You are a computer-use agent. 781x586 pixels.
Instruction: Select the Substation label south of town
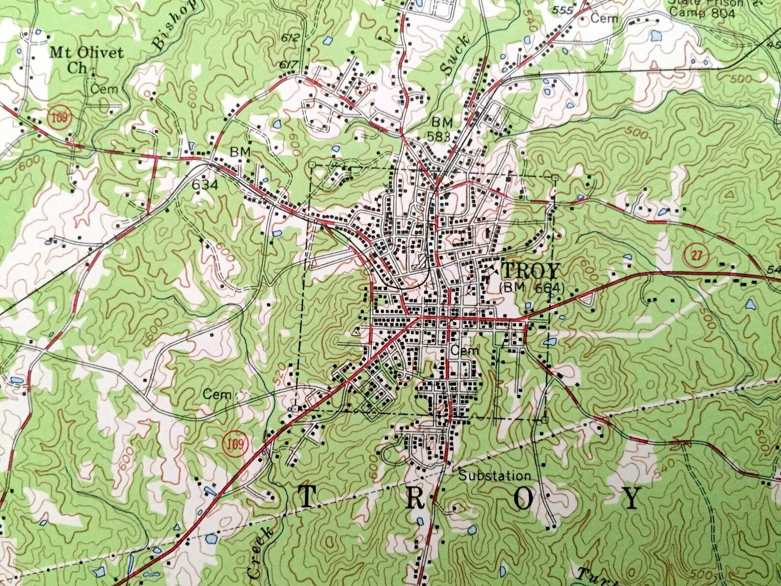(x=495, y=476)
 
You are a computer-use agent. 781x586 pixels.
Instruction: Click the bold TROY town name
(x=531, y=272)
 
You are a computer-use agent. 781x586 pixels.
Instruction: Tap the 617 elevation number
(x=289, y=64)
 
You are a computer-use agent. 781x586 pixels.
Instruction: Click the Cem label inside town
(x=464, y=351)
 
